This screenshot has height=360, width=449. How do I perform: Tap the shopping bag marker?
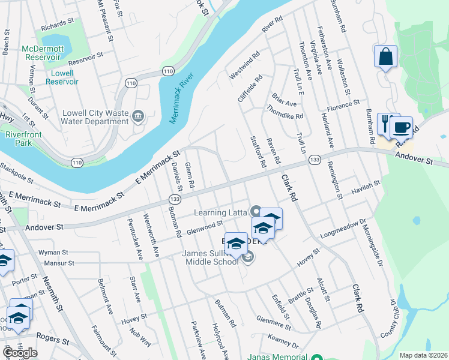pos(385,57)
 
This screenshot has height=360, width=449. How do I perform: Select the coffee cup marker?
pos(401,127)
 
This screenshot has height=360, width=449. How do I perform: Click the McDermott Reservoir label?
pos(43,53)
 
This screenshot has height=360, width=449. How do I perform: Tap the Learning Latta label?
pos(221,212)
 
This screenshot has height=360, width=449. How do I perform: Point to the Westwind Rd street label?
pos(244,66)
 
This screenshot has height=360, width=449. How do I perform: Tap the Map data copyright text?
pos(424,355)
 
